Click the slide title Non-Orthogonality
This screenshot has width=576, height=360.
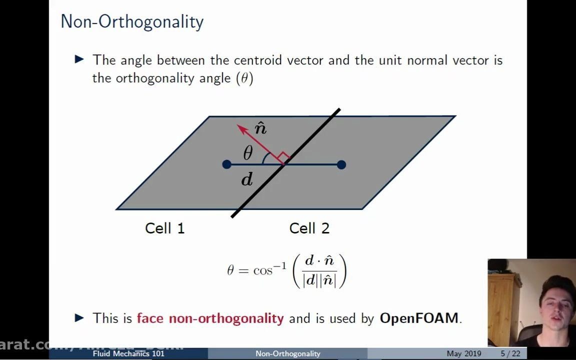pyautogui.click(x=132, y=22)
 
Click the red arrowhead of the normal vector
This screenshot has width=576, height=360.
pyautogui.click(x=242, y=129)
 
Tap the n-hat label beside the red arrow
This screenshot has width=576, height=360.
pyautogui.click(x=260, y=128)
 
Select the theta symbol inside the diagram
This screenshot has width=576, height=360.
pyautogui.click(x=248, y=153)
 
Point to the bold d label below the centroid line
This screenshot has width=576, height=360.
pyautogui.click(x=247, y=179)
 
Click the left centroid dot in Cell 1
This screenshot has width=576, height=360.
pyautogui.click(x=226, y=164)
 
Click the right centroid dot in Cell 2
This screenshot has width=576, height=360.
pyautogui.click(x=341, y=164)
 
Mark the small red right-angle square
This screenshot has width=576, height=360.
pyautogui.click(x=283, y=158)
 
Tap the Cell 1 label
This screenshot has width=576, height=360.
pyautogui.click(x=164, y=228)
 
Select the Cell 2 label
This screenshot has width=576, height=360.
pyautogui.click(x=309, y=228)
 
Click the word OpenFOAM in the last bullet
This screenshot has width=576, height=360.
pyautogui.click(x=419, y=318)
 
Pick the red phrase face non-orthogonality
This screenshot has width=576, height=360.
pyautogui.click(x=210, y=318)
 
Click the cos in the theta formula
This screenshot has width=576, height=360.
pyautogui.click(x=263, y=270)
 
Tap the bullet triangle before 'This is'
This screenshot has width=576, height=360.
pyautogui.click(x=79, y=317)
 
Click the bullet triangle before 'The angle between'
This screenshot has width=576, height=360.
pyautogui.click(x=79, y=59)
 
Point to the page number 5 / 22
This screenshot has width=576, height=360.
pyautogui.click(x=510, y=353)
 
